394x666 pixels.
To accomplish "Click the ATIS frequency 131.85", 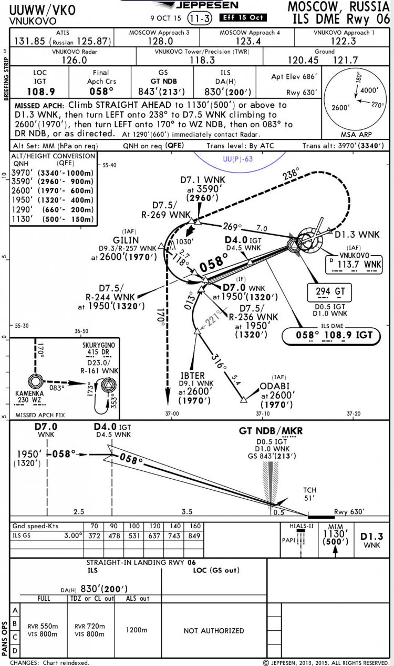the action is [30, 41].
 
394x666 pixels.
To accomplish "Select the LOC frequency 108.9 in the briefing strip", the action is [40, 92].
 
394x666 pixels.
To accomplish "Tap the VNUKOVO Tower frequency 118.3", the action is [202, 60].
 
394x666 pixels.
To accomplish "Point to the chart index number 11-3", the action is [200, 18].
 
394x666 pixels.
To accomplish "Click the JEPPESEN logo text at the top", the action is [207, 5].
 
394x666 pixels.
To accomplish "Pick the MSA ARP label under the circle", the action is [356, 134].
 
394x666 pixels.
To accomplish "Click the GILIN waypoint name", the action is [126, 240].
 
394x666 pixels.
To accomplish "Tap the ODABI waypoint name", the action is [274, 386].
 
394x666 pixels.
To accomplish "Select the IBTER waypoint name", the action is [193, 376].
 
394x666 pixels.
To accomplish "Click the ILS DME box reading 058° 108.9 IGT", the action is [331, 336].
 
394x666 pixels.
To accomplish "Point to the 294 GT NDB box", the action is [329, 292].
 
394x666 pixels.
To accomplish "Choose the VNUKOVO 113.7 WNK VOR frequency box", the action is [354, 264].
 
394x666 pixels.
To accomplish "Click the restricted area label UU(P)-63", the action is [238, 159].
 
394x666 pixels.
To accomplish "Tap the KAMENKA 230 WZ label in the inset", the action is [29, 397].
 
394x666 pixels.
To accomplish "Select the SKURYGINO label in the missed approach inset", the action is [99, 345].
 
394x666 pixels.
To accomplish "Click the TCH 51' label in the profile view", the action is [309, 494].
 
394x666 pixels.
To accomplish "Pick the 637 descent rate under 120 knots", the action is [154, 536].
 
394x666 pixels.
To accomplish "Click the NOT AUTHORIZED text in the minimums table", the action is [214, 631].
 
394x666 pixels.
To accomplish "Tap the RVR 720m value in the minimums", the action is [89, 626].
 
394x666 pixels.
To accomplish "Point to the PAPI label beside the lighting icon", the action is [288, 540].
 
